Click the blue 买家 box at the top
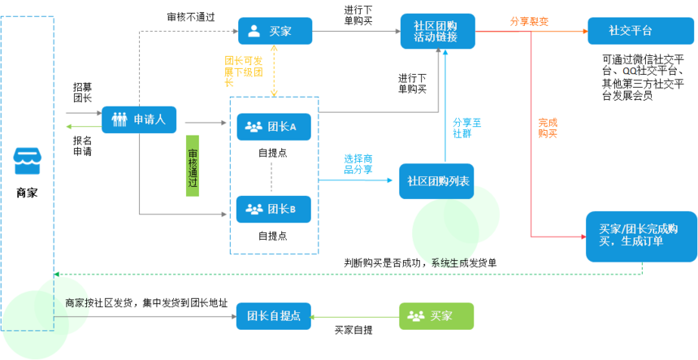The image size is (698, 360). (275, 31)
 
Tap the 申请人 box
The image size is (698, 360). (139, 119)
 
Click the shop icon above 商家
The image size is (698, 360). (26, 163)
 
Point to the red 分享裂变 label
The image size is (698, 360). (529, 22)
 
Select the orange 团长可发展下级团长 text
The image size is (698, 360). (242, 71)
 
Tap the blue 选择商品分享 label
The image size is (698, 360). (358, 163)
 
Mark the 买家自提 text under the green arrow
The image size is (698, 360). (353, 330)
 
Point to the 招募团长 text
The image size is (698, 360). (82, 92)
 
